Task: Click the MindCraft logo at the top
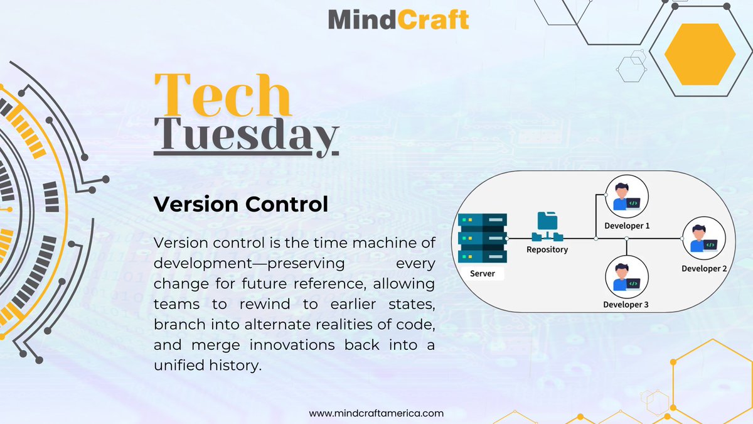398,19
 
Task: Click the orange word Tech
223,95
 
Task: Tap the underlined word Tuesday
247,134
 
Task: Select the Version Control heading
241,204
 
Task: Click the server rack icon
483,239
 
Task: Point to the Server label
483,274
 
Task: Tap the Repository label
547,249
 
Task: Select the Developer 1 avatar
627,195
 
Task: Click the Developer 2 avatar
705,238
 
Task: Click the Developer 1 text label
627,226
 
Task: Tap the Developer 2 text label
704,269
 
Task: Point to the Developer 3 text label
626,305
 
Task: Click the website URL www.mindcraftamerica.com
376,413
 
